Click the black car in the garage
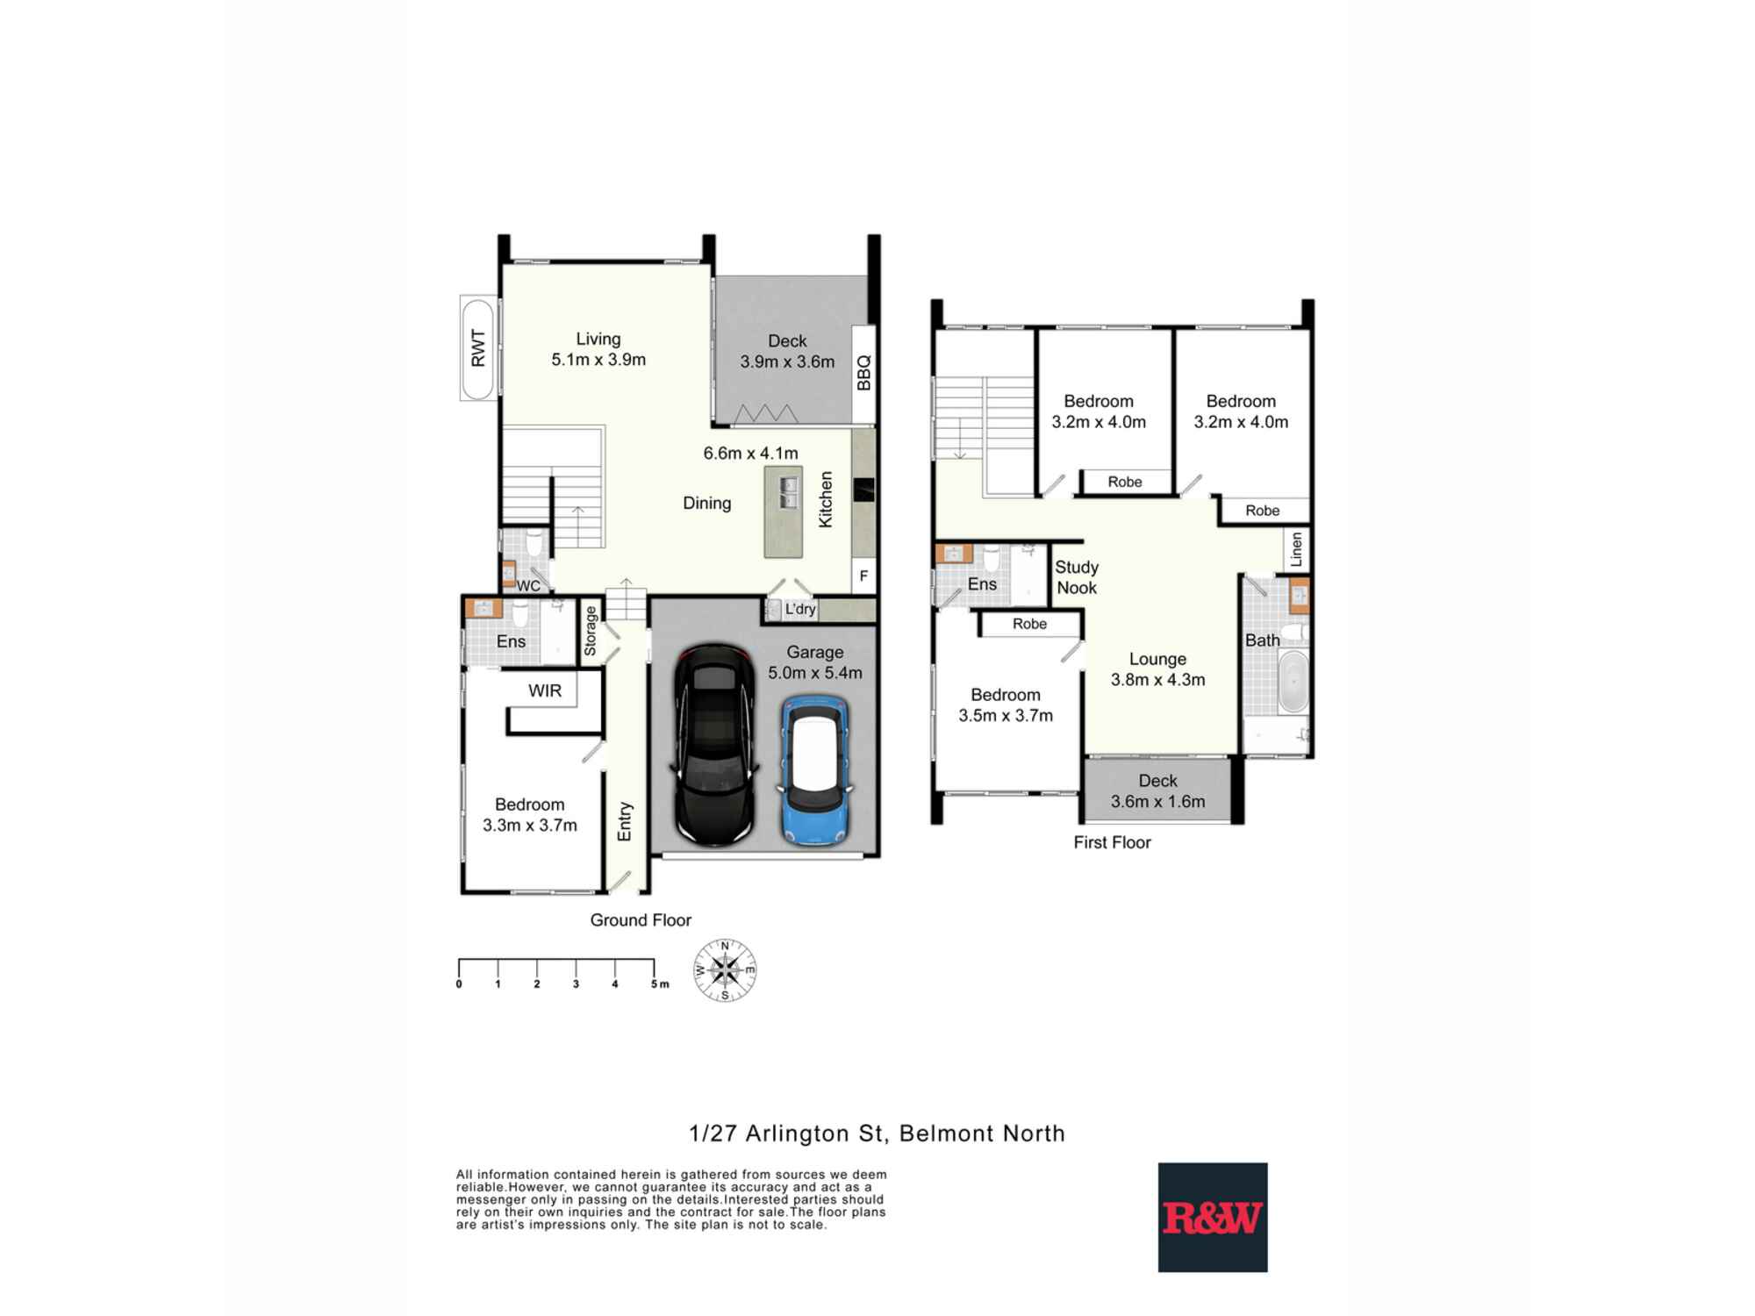[714, 746]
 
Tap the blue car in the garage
[815, 769]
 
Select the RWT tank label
[478, 348]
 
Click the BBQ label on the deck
[863, 373]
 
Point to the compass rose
[725, 970]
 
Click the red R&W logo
[1212, 1218]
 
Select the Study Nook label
[1076, 577]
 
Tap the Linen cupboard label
[1296, 550]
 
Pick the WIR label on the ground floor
[544, 690]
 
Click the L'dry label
[799, 609]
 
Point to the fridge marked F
[863, 576]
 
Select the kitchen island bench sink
[788, 493]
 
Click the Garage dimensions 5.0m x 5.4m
[814, 673]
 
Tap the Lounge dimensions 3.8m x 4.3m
[1157, 679]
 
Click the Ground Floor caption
[641, 919]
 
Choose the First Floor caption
[1112, 842]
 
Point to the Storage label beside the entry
[591, 631]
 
